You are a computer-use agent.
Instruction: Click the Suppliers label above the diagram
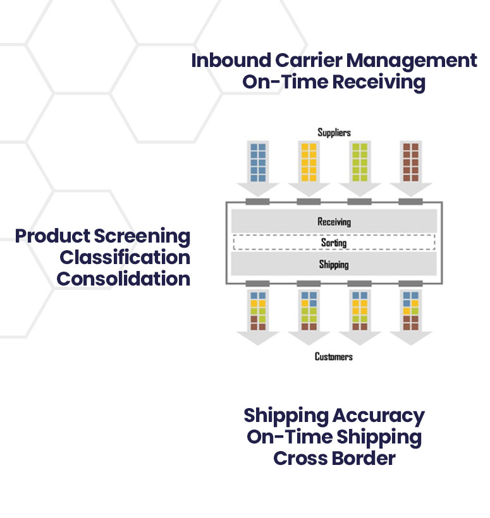[334, 133]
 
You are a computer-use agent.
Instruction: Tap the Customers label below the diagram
[334, 357]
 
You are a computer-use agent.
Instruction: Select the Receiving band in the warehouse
[334, 222]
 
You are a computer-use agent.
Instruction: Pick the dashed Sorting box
[334, 243]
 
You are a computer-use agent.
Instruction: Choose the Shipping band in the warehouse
[334, 264]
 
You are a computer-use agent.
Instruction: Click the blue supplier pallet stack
[257, 162]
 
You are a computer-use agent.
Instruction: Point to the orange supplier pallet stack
[309, 162]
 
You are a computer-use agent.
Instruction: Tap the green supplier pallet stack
[360, 162]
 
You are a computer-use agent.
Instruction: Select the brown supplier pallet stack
[411, 162]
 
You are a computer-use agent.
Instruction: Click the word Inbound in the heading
[231, 61]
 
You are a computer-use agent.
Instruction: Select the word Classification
[125, 258]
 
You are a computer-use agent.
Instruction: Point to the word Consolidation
[123, 279]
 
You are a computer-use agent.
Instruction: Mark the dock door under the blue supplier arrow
[257, 202]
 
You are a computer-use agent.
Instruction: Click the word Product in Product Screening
[52, 237]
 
